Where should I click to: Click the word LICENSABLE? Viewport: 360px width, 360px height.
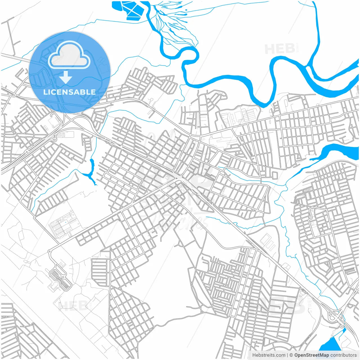pos(69,92)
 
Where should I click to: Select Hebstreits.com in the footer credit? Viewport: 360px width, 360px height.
pos(269,355)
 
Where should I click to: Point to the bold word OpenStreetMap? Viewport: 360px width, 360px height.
pos(311,355)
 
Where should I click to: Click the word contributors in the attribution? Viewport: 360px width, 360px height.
pos(343,355)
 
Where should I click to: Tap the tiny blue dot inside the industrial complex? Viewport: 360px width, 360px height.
pos(66,222)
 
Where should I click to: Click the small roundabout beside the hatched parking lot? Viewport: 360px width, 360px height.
pos(50,251)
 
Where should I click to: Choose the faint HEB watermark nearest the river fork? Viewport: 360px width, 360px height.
pos(280,49)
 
